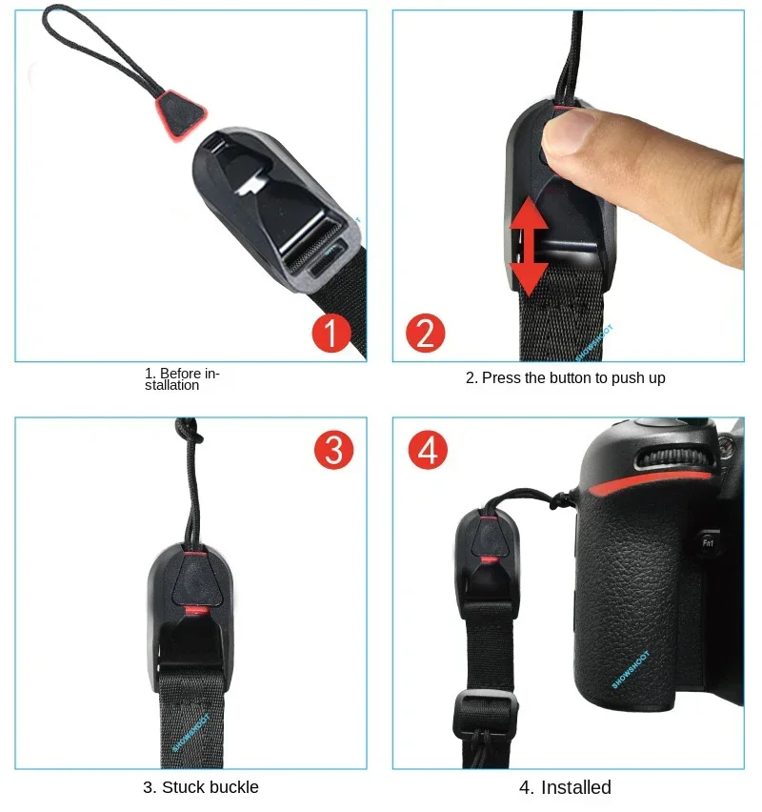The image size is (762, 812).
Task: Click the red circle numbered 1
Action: (x=331, y=333)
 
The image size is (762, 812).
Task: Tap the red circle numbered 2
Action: (x=426, y=333)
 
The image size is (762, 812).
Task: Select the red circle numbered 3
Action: (x=334, y=450)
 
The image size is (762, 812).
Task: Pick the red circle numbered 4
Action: (x=428, y=450)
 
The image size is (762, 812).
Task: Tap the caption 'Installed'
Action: (x=575, y=787)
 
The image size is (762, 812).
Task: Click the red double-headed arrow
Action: (x=529, y=247)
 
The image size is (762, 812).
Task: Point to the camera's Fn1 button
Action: (x=708, y=542)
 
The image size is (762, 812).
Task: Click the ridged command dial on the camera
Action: (x=673, y=458)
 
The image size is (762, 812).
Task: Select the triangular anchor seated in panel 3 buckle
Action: (x=195, y=577)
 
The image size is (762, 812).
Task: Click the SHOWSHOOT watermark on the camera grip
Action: (x=631, y=670)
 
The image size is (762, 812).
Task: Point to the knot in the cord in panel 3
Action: (x=190, y=430)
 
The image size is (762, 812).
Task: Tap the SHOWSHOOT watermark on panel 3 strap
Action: (x=190, y=731)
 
